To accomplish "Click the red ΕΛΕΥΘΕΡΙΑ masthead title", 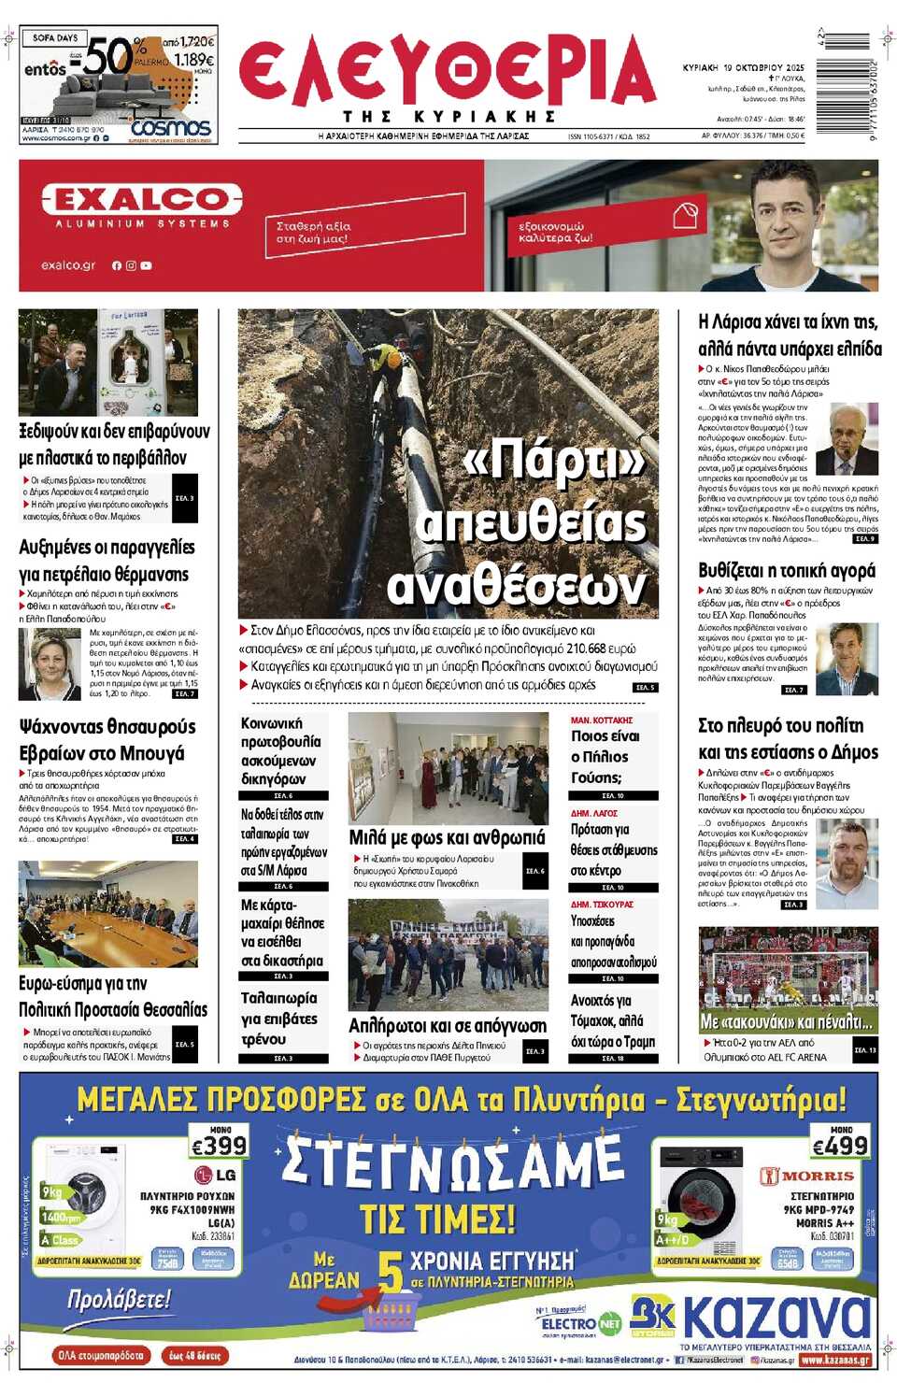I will pos(447,72).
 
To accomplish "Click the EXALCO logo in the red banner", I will pos(142,199).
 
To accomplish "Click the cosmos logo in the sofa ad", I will pos(170,127).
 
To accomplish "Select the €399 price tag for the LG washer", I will pos(219,1145).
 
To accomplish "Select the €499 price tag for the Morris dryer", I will pos(840,1145).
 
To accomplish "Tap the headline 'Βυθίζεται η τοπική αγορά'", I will pos(787,570).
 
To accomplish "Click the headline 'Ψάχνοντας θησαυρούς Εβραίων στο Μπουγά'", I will pos(107,739).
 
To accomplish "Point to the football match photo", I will pos(788,978).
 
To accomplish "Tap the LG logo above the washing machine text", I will pos(215,1175).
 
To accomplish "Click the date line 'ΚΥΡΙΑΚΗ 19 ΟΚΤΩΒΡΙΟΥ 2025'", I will pos(743,68).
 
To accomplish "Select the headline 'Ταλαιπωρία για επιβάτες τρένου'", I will pos(279,1019).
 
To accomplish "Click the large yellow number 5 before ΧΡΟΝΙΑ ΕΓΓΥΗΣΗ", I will pos(391,1271).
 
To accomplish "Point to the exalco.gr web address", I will pos(68,265).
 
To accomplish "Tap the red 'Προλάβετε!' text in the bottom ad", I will pos(119,1299).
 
